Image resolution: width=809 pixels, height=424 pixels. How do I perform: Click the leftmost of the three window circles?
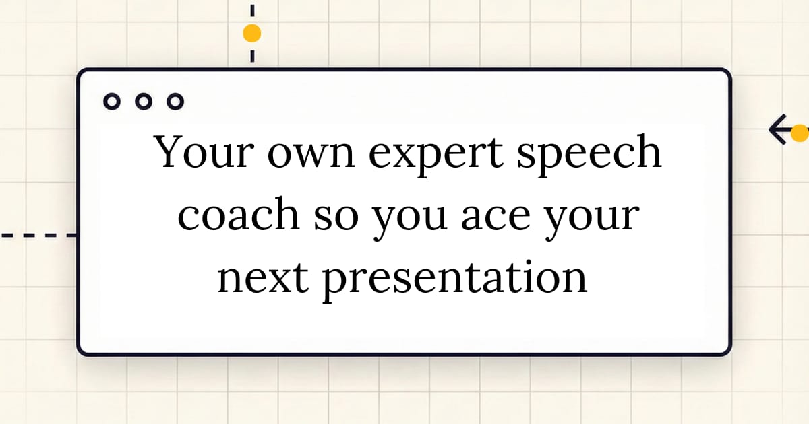112,102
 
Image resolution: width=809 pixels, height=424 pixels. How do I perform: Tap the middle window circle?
143,102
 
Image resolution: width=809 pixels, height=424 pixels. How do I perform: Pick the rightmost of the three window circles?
175,102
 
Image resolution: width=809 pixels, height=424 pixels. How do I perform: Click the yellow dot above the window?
251,33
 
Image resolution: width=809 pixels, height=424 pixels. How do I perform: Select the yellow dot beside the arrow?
800,133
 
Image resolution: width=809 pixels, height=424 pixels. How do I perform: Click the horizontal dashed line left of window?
37,236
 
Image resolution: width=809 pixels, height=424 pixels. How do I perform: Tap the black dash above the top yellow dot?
252,10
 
